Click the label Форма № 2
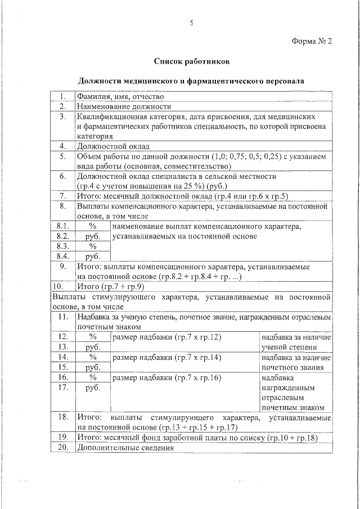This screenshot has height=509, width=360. click(313, 42)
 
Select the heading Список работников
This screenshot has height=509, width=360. click(191, 61)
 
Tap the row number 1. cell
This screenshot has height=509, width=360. click(64, 96)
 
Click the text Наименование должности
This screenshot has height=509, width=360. click(124, 106)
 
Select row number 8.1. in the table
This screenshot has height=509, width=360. click(63, 226)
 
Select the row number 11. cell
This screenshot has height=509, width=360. click(63, 317)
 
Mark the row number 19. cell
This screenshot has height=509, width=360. click(63, 437)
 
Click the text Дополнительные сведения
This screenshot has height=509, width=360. click(125, 448)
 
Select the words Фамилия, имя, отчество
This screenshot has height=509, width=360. click(120, 96)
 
